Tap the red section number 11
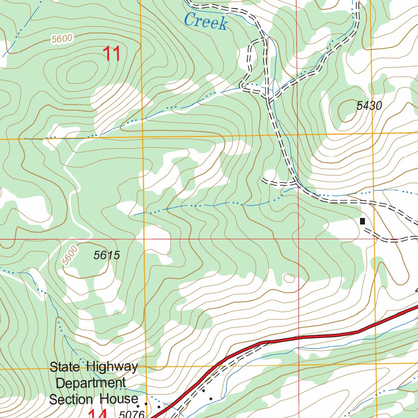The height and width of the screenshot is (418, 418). tap(111, 54)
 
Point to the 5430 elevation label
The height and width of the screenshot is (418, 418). tap(369, 106)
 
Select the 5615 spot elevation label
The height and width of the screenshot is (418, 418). tap(107, 256)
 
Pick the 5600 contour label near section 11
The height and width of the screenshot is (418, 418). tap(62, 39)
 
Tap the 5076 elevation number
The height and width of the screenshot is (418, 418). tap(132, 414)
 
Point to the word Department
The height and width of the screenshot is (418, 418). tap(91, 383)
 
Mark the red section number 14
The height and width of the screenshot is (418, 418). tap(98, 414)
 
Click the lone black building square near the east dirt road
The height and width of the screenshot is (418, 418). tap(362, 221)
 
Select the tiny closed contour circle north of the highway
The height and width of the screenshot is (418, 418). tap(289, 278)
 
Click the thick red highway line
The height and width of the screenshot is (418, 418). tap(310, 337)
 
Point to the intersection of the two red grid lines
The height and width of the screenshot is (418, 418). tap(298, 239)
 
